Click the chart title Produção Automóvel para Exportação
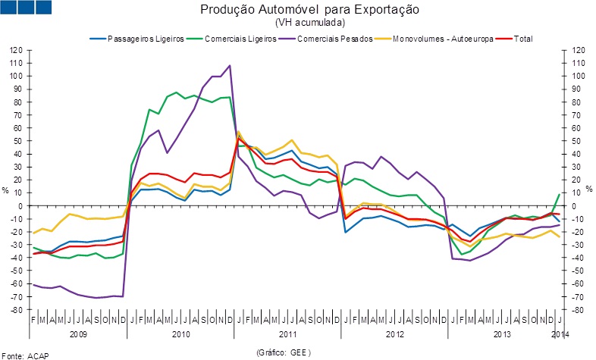309,10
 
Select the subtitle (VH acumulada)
309,23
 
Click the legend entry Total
524,38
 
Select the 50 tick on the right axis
578,141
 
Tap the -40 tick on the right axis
579,258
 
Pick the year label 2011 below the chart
288,333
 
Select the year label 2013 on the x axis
501,333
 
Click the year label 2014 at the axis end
560,333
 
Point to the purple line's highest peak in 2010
230,65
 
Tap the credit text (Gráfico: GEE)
284,352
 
